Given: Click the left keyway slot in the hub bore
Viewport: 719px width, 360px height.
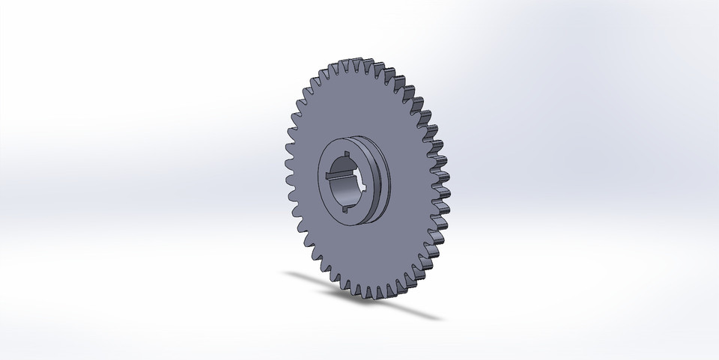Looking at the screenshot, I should pos(332,176).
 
